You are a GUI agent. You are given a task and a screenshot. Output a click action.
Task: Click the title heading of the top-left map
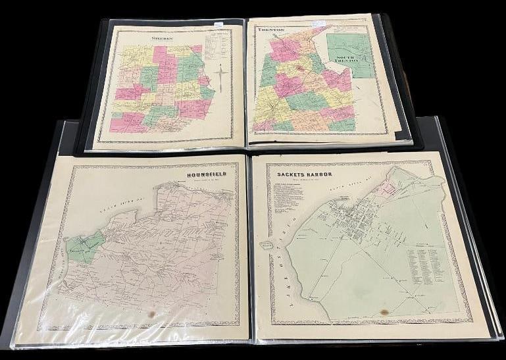click(162, 38)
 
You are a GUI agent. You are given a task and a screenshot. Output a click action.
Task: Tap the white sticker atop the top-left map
click(217, 25)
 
